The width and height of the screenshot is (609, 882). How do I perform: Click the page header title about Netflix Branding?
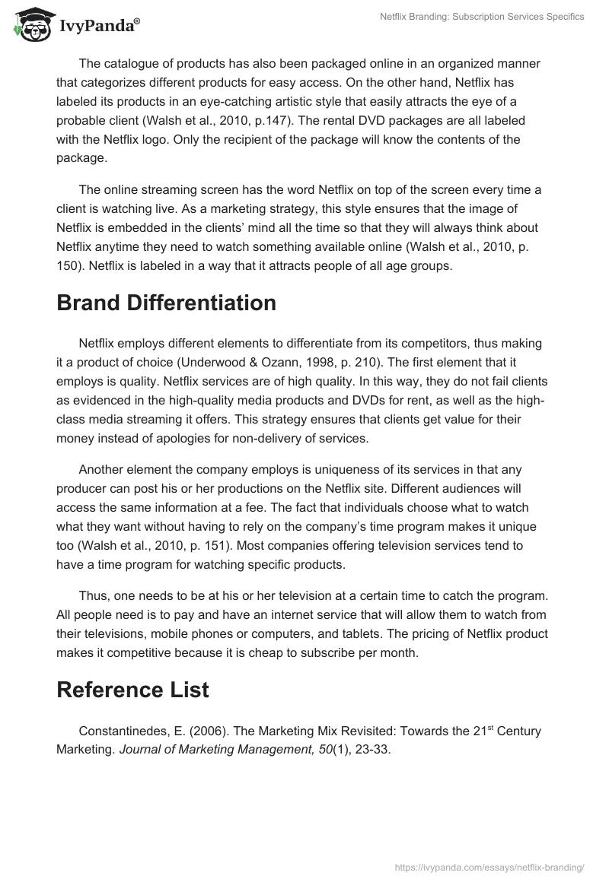pos(482,17)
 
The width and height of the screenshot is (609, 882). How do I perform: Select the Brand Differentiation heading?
pos(166,303)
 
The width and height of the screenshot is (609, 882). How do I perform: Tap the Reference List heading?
pos(132,690)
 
